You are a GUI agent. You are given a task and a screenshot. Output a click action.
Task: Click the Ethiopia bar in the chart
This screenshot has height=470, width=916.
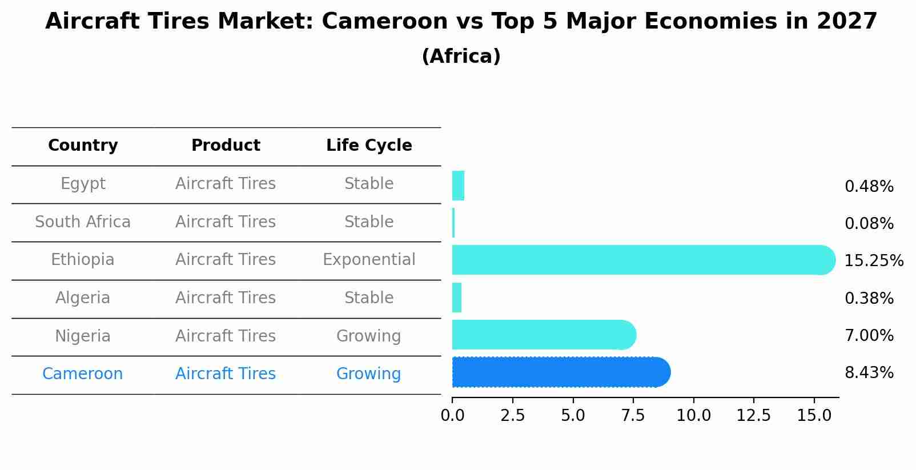pos(640,260)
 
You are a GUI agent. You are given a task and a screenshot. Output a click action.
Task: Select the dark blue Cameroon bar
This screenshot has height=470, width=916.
pos(560,372)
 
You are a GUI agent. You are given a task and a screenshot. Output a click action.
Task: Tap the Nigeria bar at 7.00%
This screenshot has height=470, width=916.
pos(543,335)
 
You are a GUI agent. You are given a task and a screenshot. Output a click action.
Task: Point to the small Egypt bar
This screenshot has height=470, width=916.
pos(458,186)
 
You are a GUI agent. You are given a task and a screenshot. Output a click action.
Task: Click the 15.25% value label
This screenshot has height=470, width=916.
pos(873,261)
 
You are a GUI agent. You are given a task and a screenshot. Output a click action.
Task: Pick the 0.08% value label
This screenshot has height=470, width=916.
pos(869,224)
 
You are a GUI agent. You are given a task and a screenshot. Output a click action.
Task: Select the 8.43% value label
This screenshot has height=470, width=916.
pos(869,373)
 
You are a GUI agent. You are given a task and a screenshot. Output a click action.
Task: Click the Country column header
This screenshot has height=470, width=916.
pos(83,146)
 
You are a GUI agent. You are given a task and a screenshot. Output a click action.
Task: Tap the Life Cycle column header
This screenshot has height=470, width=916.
pos(369,146)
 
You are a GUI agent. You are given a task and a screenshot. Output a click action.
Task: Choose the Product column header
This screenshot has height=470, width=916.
pos(226,146)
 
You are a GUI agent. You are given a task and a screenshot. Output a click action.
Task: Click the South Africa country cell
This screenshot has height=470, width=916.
pos(83,222)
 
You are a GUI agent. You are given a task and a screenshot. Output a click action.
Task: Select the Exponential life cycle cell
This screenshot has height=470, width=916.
pos(369,260)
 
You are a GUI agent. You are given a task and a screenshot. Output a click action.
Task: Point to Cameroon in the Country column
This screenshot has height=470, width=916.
pos(83,374)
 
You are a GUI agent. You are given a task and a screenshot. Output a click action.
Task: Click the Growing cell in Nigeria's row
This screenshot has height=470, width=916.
pos(368,336)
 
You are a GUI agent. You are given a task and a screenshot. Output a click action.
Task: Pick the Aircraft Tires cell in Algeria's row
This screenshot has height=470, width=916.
pos(226,298)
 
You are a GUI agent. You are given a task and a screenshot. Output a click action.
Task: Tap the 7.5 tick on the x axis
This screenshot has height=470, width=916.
pos(633,416)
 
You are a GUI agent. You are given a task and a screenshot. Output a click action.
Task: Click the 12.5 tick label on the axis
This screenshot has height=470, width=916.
pos(753,416)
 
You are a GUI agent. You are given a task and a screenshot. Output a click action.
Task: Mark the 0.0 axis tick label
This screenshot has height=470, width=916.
pos(452,416)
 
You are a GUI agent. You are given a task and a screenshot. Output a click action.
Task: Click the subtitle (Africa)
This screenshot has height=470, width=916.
pos(461,57)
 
